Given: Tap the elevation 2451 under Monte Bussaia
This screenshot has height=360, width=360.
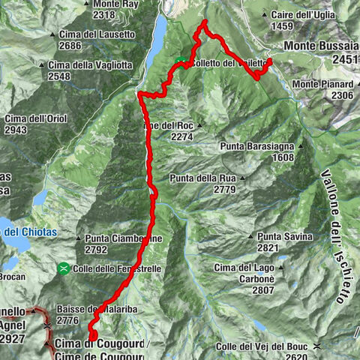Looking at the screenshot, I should point(345,60).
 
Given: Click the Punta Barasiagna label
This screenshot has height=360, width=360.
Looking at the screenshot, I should point(257,147).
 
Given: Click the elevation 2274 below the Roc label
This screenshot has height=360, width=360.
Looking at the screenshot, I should point(182,137).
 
